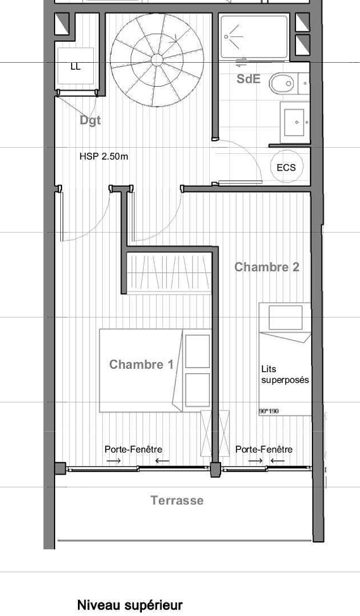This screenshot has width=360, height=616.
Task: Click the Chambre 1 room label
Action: [141, 364]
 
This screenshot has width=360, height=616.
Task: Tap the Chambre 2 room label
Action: [266, 267]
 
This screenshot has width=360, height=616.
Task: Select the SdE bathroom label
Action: [248, 79]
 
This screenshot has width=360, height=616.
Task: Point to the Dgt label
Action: [90, 120]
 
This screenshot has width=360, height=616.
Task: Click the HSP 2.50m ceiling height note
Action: [104, 156]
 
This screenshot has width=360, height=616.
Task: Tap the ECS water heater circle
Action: [286, 167]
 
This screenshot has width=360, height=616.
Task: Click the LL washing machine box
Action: [75, 66]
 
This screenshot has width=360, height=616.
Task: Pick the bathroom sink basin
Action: [295, 120]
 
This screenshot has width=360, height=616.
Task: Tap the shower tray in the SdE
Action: [254, 36]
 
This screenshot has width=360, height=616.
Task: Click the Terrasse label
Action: [177, 501]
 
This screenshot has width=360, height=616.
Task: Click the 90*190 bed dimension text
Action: [269, 411]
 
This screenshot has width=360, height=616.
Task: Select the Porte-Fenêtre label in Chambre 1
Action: [133, 449]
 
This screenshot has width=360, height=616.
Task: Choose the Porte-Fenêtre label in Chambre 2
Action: [264, 449]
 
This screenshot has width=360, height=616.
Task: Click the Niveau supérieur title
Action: [129, 605]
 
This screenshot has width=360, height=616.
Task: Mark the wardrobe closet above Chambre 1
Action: [168, 273]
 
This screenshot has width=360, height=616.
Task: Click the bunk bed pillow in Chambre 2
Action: [285, 317]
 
